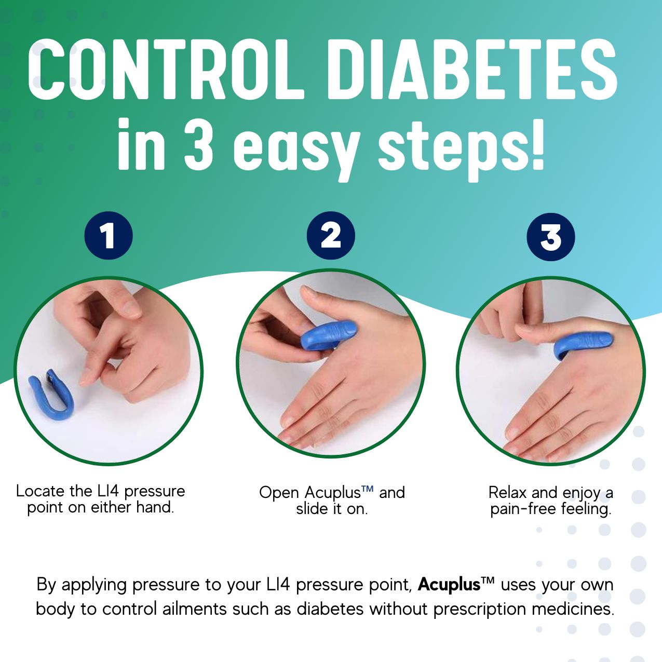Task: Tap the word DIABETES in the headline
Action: click(472, 70)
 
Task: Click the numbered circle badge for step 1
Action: click(109, 236)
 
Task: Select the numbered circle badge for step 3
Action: click(551, 237)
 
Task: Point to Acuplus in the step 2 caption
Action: click(332, 492)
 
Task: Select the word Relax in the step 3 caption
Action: click(508, 492)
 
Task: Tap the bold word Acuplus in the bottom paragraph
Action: click(449, 585)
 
